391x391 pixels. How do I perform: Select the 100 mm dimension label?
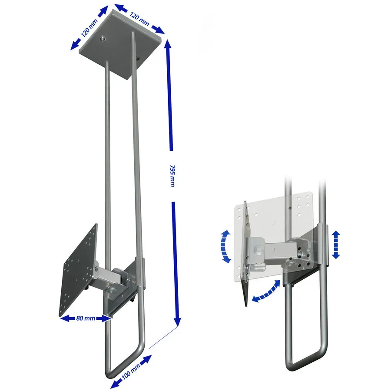click(131, 370)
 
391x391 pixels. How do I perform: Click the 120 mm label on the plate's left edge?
click(89, 28)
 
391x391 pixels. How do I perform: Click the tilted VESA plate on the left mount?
click(78, 271)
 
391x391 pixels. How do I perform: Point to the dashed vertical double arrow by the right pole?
click(336, 244)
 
